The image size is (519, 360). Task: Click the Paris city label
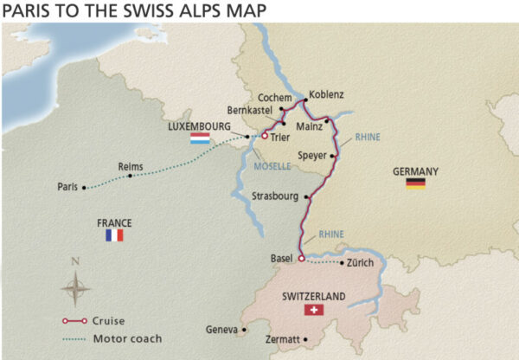[67, 186]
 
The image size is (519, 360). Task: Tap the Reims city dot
[130, 176]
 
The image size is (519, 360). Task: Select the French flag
[114, 235]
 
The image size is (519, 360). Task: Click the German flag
[416, 183]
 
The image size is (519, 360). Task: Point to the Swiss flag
[313, 310]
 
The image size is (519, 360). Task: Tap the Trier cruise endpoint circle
[265, 136]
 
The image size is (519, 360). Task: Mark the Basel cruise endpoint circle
[300, 258]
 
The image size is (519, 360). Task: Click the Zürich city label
[359, 262]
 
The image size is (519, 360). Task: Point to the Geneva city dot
[244, 330]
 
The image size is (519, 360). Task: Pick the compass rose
[76, 285]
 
